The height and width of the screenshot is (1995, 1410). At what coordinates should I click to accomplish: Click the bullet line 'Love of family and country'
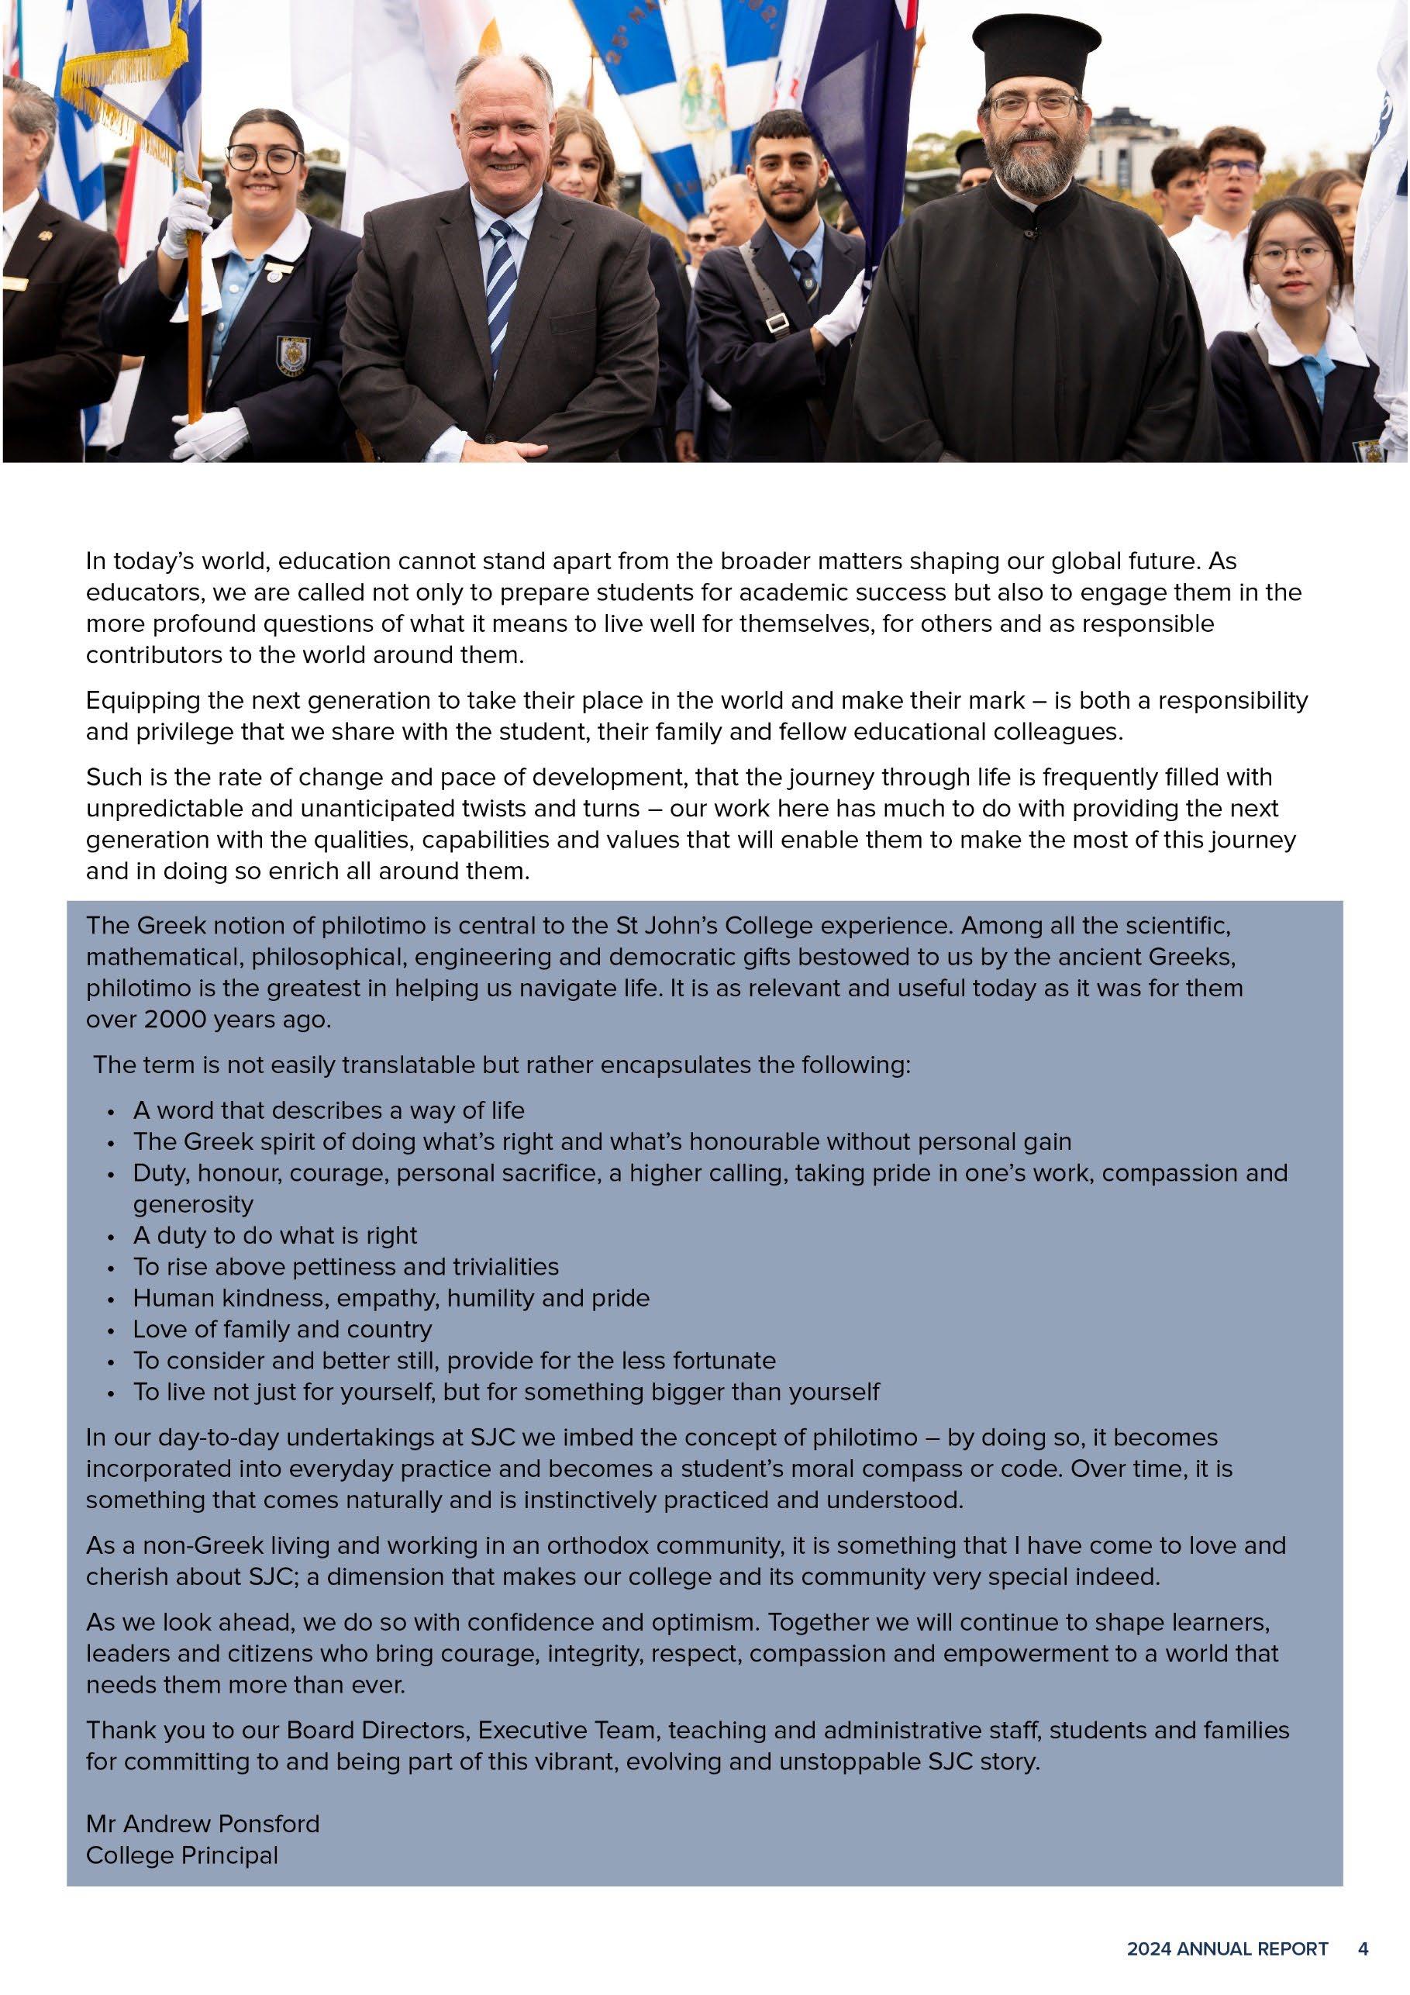click(282, 1330)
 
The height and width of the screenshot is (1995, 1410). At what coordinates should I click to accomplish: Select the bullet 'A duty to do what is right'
click(274, 1236)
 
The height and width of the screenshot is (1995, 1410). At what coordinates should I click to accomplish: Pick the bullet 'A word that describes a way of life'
click(329, 1110)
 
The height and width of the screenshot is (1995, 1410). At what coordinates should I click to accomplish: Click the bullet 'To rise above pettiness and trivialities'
click(346, 1267)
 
